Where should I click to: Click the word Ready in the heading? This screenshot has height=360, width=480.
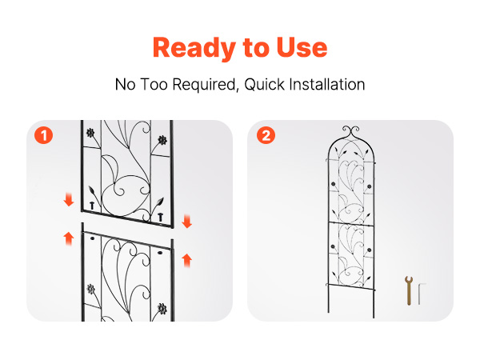coord(194,48)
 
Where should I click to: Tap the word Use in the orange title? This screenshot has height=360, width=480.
coord(302,48)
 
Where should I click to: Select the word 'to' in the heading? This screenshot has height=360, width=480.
coord(256,48)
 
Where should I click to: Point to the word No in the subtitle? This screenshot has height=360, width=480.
coord(126,84)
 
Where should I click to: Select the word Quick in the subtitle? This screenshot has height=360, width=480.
coord(265,85)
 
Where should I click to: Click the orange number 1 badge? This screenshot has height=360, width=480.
coord(43,135)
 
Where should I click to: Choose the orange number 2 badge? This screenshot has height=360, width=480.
coord(266,135)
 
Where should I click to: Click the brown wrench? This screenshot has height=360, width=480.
coord(409,290)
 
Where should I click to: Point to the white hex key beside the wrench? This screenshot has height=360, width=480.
coord(422,294)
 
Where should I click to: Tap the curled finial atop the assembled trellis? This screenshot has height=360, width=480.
coord(351,131)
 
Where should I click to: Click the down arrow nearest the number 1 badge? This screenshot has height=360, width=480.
coord(69,199)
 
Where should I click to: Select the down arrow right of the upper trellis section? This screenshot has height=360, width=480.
coord(186,221)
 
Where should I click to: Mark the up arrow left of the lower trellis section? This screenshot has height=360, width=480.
coord(69,238)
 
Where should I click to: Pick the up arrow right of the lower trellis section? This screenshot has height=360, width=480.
coord(186,261)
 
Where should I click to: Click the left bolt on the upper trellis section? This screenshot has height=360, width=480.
coord(92,206)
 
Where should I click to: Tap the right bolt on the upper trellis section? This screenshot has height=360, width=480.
coord(161,217)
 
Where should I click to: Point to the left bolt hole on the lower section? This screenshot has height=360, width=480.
coord(93,238)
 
